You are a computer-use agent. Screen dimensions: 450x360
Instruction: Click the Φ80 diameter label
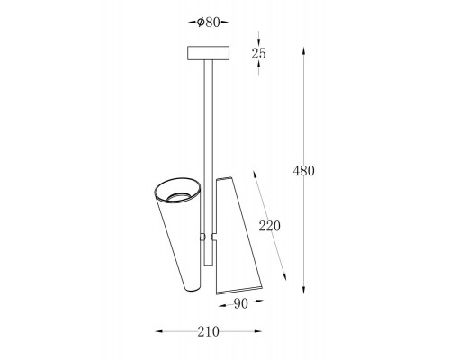pos(209,22)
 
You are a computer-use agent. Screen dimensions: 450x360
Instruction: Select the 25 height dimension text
pos(258,53)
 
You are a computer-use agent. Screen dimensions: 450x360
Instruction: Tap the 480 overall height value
pos(303,171)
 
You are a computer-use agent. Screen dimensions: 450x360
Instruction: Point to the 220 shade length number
pos(270,226)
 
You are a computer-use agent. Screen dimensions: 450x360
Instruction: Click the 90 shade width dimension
pos(241,304)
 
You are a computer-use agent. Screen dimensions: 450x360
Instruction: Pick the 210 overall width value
pos(208,331)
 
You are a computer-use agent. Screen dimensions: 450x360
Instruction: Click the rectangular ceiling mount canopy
pos(209,53)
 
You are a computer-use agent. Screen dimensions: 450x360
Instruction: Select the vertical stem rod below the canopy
pos(209,163)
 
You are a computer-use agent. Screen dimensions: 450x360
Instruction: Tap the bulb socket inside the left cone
pos(179,196)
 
